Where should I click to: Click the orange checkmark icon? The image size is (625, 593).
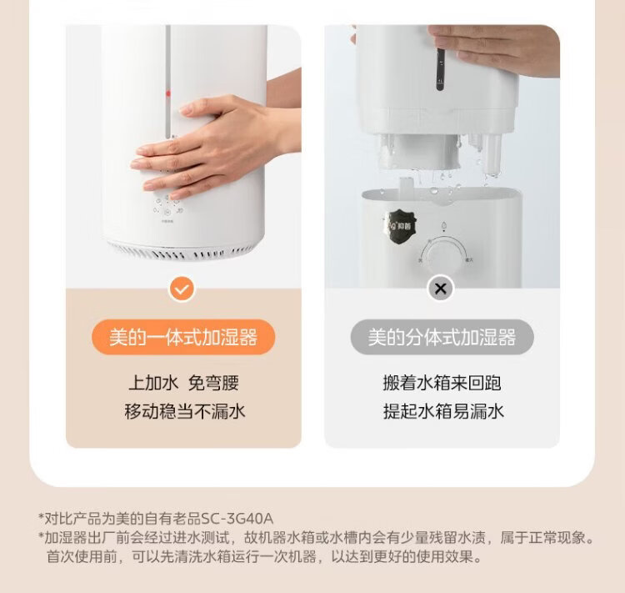point(182,289)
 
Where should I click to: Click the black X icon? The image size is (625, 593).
point(441,289)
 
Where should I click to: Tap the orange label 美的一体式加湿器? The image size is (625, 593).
point(183,337)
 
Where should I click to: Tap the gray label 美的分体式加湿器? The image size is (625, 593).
point(442,337)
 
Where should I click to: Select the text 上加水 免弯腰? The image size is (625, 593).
point(183,383)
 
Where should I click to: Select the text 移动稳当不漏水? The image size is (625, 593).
point(184,411)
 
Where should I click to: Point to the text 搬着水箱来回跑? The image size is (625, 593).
point(442,383)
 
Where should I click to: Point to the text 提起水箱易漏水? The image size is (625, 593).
point(443,411)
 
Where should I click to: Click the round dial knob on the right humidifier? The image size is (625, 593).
point(442,256)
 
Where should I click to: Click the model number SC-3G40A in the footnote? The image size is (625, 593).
point(237,519)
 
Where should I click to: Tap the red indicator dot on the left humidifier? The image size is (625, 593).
point(168,94)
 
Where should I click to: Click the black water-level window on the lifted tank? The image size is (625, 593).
point(440,69)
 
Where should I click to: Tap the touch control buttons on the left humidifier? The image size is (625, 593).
point(167,205)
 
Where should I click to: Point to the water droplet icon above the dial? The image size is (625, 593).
point(443,227)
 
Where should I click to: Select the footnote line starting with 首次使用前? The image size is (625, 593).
point(264,556)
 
